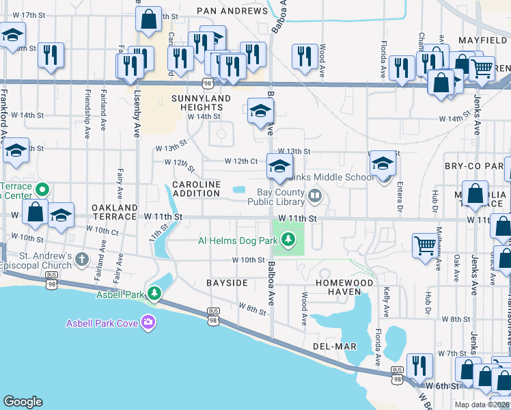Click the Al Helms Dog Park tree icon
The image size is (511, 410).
coord(289,239)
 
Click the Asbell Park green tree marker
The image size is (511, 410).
coord(155,294)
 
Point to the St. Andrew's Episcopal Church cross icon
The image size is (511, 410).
coord(82,259)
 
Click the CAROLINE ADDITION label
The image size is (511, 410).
coord(196,189)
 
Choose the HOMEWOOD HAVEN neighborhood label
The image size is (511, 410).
coord(344,287)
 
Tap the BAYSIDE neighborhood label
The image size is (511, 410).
coord(227,282)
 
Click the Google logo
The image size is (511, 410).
coord(23,402)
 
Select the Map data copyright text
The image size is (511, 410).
coord(482,405)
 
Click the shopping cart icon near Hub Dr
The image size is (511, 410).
coord(425,245)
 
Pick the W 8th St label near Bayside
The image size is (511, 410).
coord(252,310)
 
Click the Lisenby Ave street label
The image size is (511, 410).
coord(137,113)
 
